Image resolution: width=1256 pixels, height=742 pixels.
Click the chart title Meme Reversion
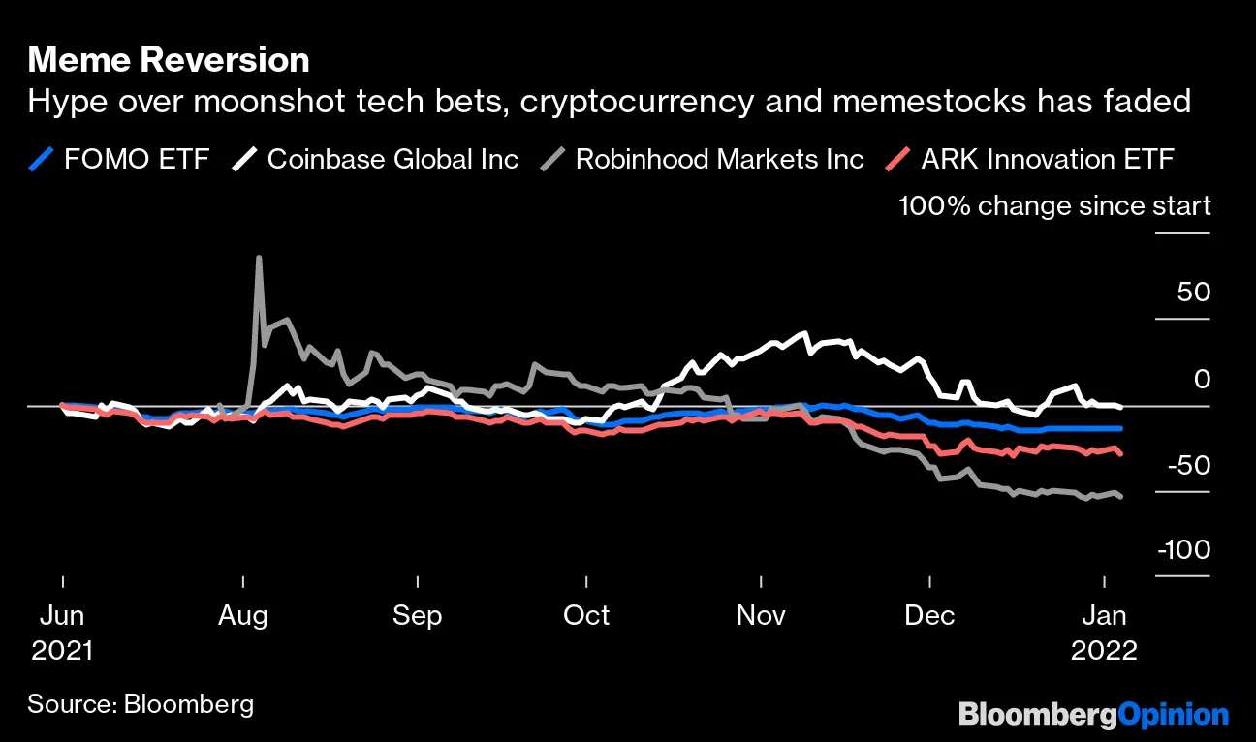click(x=169, y=60)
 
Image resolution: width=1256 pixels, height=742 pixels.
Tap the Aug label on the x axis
click(x=243, y=615)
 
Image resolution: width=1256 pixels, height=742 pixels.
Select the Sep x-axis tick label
click(x=418, y=615)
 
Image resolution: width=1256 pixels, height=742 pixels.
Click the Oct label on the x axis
click(x=586, y=615)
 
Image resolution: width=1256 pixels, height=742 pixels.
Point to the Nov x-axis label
click(x=761, y=615)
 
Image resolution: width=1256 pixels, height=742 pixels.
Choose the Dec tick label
click(x=929, y=615)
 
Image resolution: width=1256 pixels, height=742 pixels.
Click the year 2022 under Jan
click(x=1104, y=651)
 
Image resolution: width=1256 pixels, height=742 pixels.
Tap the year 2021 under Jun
click(x=62, y=651)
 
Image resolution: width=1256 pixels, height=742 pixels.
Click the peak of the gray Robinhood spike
click(x=259, y=258)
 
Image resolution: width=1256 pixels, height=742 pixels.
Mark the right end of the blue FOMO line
click(x=1121, y=428)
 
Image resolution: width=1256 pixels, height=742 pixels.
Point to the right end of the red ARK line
click(x=1121, y=453)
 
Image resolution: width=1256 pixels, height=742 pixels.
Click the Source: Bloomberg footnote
click(x=141, y=703)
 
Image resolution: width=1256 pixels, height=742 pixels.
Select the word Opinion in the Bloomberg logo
click(x=1174, y=715)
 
